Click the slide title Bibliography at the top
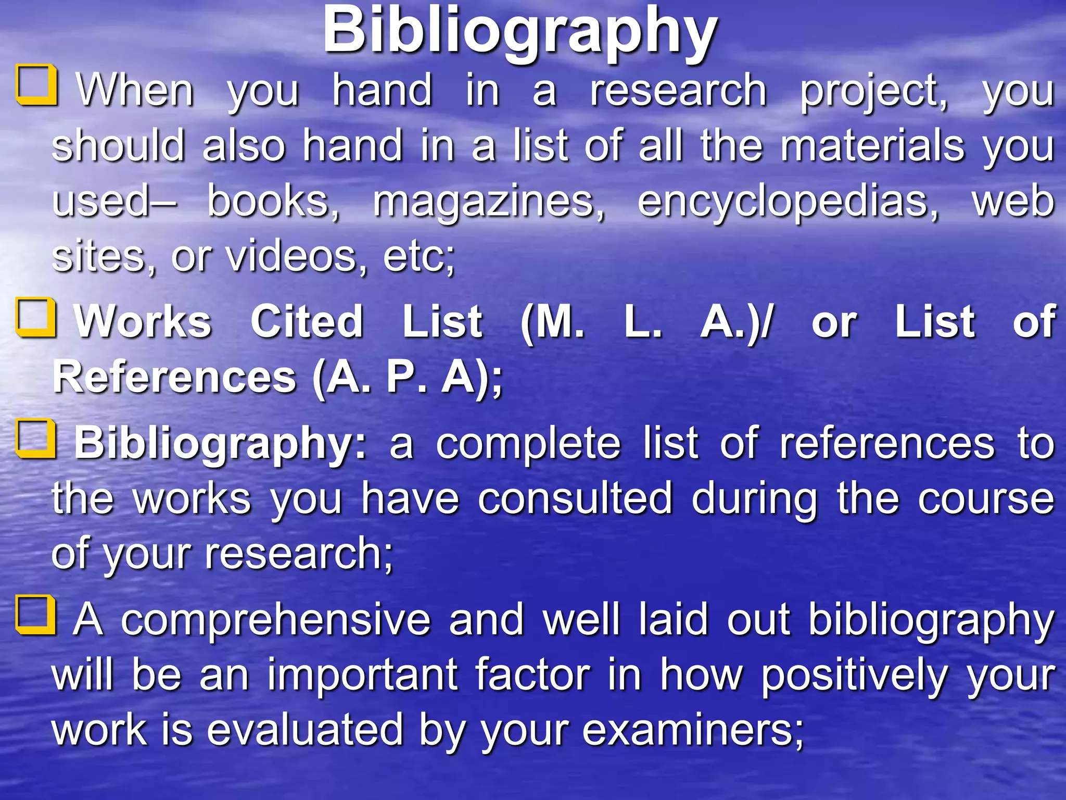click(x=520, y=31)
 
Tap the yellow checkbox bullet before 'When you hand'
click(x=36, y=85)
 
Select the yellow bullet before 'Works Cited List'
click(x=36, y=318)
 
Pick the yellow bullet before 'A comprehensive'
click(x=36, y=616)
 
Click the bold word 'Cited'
click(x=307, y=321)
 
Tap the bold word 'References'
click(x=174, y=377)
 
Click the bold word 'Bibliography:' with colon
click(x=221, y=444)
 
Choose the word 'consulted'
click(x=575, y=498)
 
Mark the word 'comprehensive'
click(x=276, y=620)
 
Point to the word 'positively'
click(x=854, y=676)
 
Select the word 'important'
click(x=362, y=676)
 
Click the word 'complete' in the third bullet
click(x=528, y=444)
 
